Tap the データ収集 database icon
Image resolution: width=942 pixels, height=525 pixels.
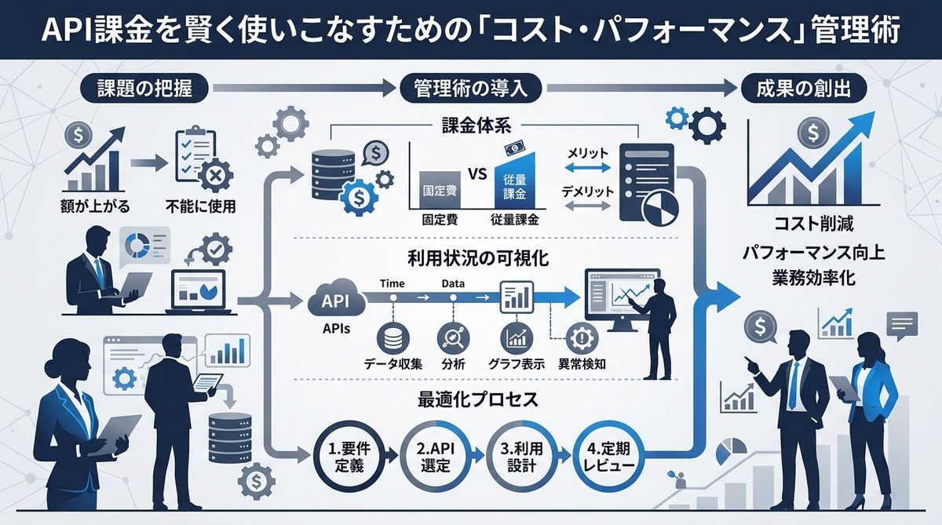point(392,337)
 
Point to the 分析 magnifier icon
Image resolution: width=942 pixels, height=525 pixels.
point(454,337)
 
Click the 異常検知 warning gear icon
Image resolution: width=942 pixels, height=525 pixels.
point(581,337)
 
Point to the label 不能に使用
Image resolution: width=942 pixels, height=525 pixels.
point(200,207)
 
